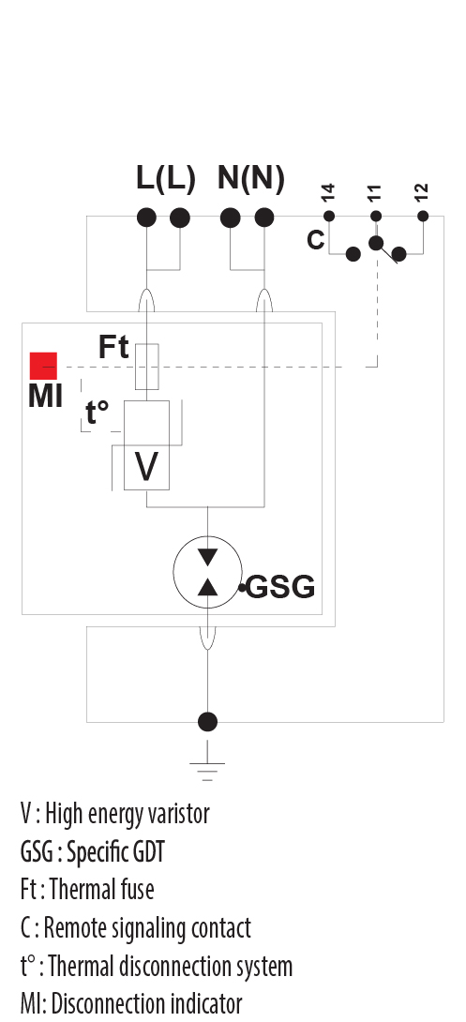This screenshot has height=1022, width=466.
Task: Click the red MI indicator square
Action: [43, 365]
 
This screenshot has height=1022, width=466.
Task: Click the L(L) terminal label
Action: [165, 178]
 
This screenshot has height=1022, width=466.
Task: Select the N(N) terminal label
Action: [250, 178]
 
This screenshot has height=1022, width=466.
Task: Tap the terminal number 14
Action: [327, 193]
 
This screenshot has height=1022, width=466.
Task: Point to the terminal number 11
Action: [375, 193]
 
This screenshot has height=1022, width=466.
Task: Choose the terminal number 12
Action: [422, 193]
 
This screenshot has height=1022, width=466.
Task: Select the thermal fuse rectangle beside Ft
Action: [147, 366]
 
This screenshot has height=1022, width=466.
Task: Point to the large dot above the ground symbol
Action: [207, 721]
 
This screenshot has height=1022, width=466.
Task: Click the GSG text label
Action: [280, 589]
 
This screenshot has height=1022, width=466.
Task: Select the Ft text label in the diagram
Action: [113, 347]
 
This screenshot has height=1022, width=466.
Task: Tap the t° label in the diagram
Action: [98, 413]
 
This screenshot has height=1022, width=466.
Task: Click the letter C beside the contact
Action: [316, 240]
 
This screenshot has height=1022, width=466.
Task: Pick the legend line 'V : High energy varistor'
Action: [114, 813]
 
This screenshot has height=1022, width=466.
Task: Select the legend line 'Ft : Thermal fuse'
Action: [87, 889]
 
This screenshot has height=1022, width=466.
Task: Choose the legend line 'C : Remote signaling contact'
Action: [136, 927]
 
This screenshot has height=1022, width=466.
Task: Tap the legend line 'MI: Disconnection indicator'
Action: [131, 1003]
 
